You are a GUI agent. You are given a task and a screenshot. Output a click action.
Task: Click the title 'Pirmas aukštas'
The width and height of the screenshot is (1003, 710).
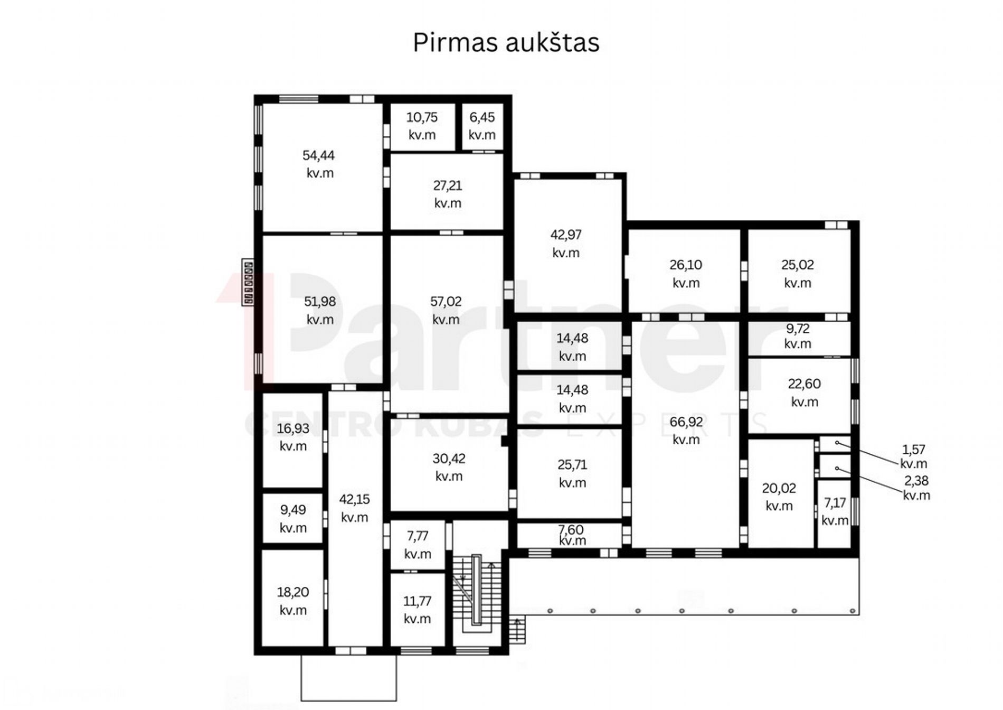click(506, 43)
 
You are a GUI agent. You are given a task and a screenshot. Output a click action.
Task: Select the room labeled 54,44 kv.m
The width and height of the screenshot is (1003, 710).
click(323, 167)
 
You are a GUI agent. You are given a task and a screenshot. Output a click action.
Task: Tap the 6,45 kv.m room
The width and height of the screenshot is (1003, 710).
click(482, 127)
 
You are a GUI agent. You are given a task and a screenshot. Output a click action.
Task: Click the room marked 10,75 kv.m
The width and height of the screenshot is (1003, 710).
click(422, 127)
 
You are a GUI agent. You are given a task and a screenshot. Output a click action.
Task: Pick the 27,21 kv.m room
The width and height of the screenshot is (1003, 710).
click(447, 192)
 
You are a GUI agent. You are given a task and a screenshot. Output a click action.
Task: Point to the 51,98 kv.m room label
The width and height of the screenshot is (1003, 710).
click(320, 310)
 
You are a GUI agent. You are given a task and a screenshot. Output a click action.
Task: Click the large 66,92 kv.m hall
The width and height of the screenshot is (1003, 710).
click(685, 434)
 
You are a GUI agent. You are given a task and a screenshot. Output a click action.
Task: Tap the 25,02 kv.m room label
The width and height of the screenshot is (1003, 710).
click(798, 273)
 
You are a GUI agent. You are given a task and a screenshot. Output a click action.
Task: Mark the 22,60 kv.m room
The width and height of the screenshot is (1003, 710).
click(799, 396)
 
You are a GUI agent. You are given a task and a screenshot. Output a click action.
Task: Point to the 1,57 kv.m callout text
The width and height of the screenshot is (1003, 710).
click(914, 456)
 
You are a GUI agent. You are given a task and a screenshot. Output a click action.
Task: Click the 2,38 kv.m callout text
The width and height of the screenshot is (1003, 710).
click(916, 488)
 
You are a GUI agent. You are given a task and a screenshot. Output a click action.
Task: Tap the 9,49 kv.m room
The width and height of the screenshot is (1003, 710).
click(292, 518)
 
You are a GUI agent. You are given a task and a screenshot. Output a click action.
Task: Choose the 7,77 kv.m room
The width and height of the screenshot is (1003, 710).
click(418, 545)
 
